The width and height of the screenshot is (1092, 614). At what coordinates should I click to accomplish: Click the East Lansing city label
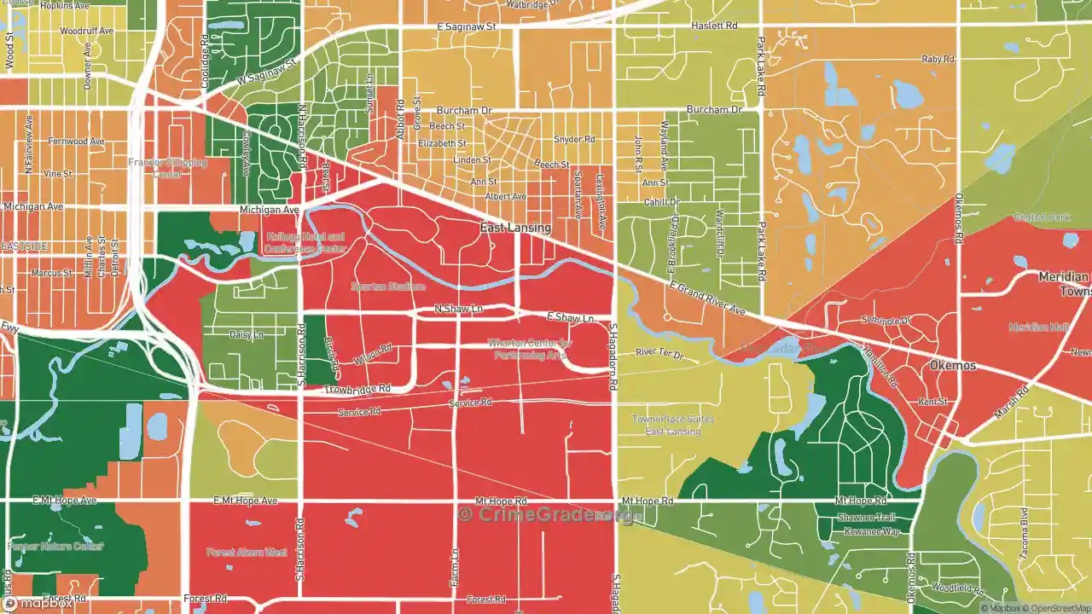pos(515,229)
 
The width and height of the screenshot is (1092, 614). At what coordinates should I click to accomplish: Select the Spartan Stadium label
pos(388,287)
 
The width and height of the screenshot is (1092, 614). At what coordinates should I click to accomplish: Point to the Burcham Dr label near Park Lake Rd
pos(715,110)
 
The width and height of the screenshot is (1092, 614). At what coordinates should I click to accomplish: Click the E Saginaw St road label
pos(467,27)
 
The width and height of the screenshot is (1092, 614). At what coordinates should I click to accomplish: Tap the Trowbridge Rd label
pos(357,390)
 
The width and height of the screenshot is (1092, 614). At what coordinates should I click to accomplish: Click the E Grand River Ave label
pos(707,299)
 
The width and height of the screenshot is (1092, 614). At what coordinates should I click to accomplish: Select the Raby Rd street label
pos(938,60)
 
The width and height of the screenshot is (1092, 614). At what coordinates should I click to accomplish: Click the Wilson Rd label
pos(373,355)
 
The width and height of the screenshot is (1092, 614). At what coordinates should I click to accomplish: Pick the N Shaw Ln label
pos(458,309)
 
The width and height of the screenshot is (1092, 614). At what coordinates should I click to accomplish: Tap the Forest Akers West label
pos(247,553)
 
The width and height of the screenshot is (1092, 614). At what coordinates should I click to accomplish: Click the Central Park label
pos(1042,217)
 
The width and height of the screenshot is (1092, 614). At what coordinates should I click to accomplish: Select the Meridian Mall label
pos(1037,327)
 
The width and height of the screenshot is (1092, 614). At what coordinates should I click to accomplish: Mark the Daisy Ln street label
pos(247,335)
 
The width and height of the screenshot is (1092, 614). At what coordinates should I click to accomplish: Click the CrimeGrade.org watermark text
pos(546,514)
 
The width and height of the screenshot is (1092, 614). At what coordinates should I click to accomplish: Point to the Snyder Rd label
pos(574,139)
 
